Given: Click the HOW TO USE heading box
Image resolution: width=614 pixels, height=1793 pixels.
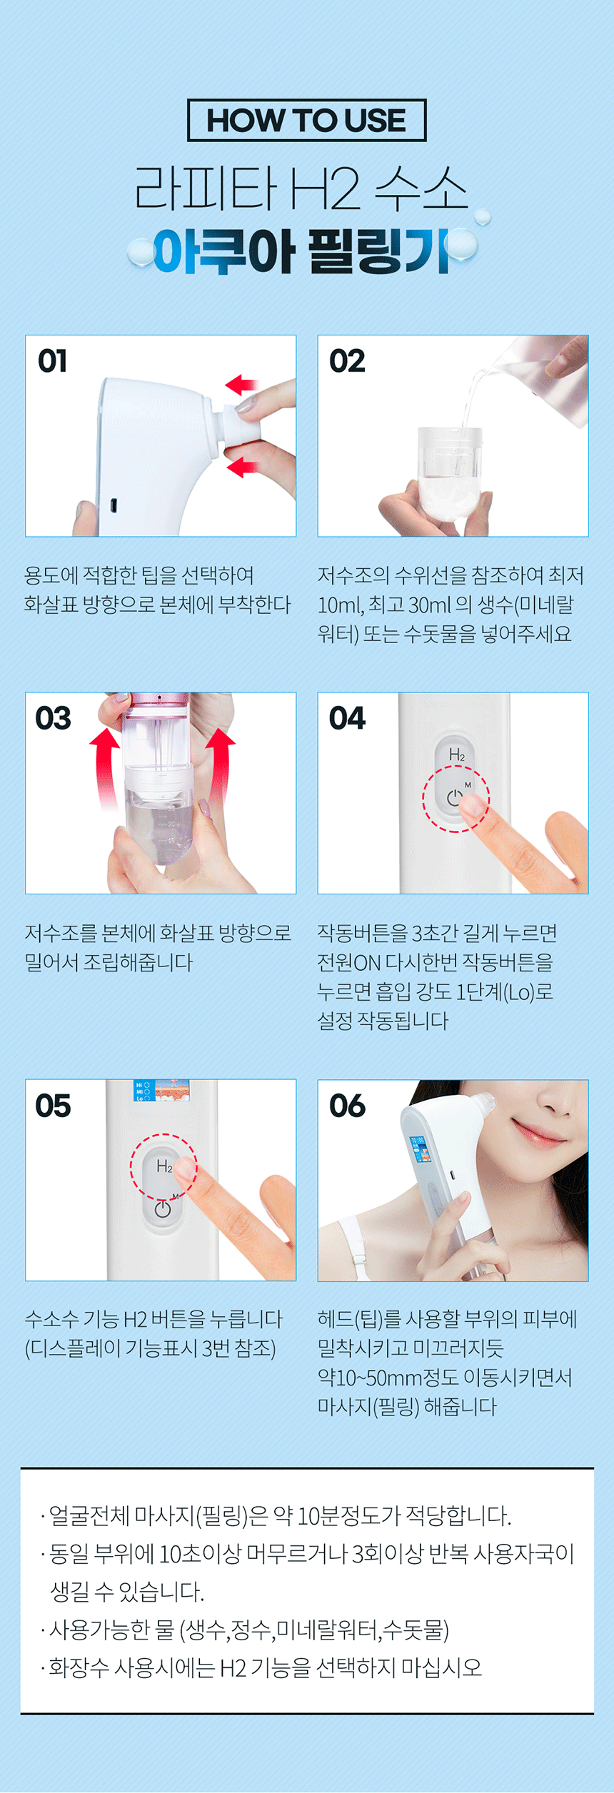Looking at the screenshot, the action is coord(306,120).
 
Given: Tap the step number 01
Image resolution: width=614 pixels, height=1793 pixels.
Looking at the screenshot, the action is coord(53,361).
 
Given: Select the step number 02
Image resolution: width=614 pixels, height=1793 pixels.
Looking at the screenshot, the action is coord(347,361).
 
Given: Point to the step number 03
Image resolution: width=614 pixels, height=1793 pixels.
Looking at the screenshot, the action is coord(54,718).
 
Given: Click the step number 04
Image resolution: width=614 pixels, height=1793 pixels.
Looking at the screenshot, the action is coord(347,718).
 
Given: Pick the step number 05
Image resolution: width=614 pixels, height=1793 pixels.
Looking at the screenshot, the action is coord(54,1106).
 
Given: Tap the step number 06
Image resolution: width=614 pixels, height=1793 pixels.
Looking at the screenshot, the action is coord(347,1106).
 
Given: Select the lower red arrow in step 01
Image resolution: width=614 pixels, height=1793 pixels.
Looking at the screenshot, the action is coord(241,468).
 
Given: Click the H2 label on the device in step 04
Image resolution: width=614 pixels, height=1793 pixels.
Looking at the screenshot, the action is coord(457,754).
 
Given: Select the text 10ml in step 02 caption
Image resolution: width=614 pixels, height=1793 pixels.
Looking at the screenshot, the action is coord(340,605).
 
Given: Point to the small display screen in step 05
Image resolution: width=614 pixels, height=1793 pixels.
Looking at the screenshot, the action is coord(163,1091).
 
